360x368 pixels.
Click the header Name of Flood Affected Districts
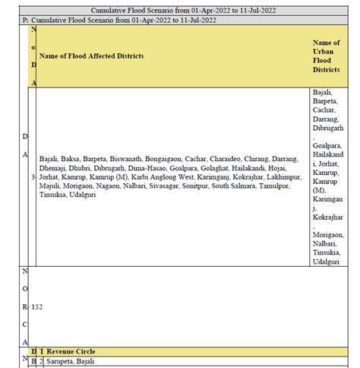[90, 56]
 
